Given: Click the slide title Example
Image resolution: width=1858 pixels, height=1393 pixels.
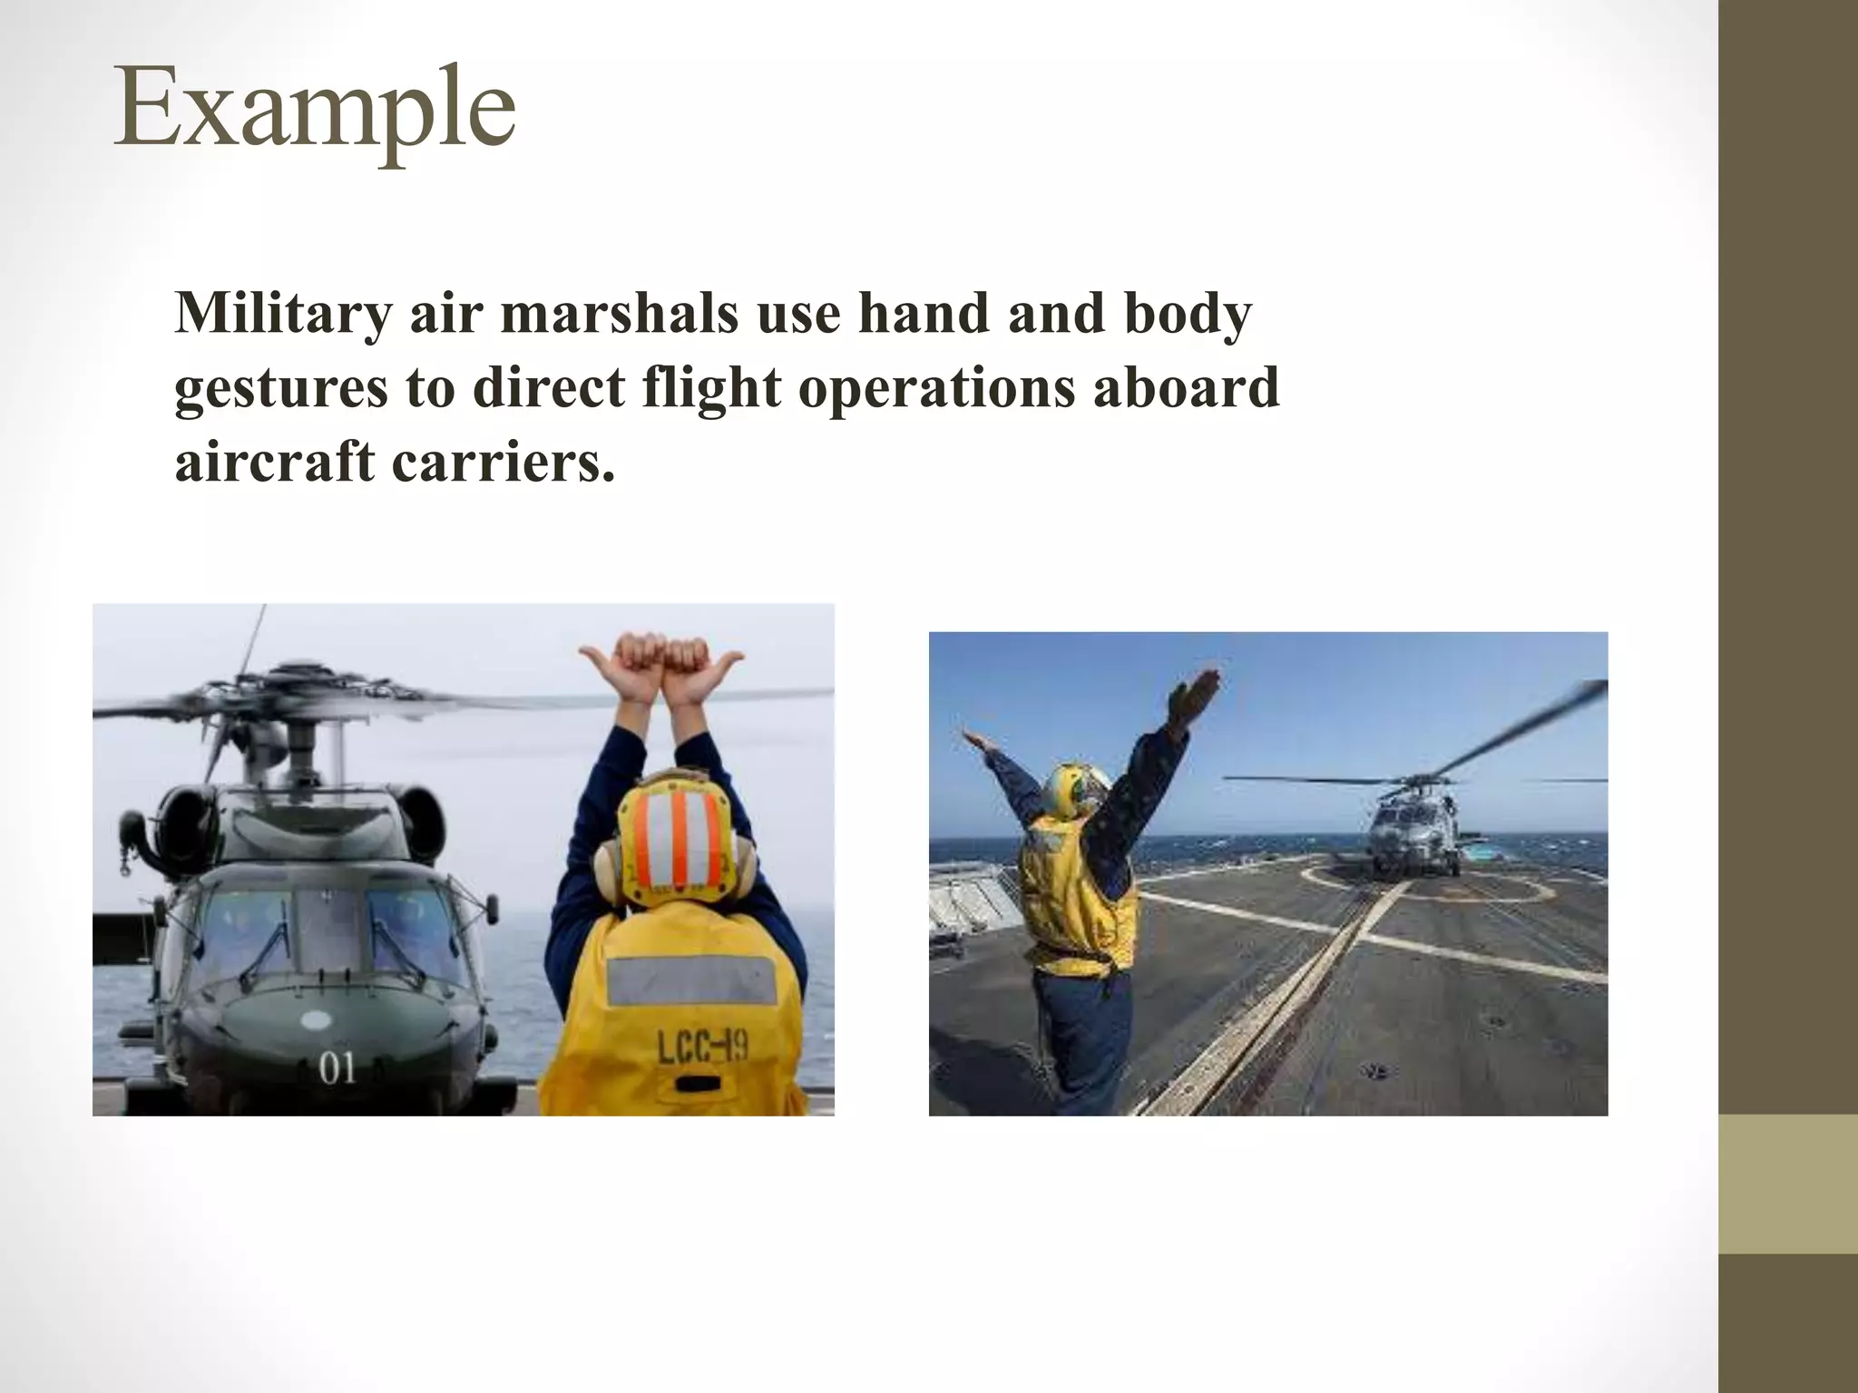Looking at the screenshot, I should click(x=314, y=111).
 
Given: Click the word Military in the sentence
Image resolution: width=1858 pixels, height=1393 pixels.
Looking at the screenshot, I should click(x=282, y=314).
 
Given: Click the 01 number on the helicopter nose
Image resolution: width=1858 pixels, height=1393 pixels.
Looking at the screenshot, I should click(x=337, y=1068).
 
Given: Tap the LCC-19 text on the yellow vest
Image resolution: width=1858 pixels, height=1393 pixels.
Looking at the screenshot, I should click(x=702, y=1050).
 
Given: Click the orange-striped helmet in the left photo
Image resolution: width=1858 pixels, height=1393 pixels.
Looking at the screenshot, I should click(x=675, y=834).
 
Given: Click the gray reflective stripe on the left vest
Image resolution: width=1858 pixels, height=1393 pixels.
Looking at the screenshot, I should click(x=691, y=979).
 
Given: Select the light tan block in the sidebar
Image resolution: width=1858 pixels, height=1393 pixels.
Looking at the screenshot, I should click(x=1787, y=1184).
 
